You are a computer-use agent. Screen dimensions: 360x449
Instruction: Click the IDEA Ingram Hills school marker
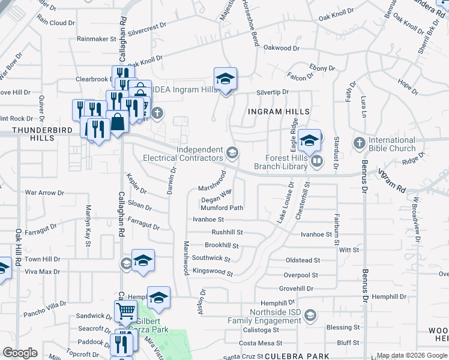coord(226,79)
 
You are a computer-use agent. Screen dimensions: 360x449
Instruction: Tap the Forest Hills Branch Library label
coord(282,161)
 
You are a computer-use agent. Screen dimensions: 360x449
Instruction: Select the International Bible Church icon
coord(359,143)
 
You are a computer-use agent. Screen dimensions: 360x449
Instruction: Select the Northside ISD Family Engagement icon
coord(310,315)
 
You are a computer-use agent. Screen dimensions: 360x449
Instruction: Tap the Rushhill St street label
coord(228,232)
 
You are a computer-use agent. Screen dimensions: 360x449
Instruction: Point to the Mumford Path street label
coord(221,208)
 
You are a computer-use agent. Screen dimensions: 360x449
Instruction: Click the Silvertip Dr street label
coord(273,92)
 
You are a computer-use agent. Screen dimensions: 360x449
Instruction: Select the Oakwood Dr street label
coord(281,48)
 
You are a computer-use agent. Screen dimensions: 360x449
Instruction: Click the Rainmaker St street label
coord(96,39)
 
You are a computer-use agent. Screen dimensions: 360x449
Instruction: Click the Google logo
coord(19,353)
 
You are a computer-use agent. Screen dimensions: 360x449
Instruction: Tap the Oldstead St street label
coord(303,260)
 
